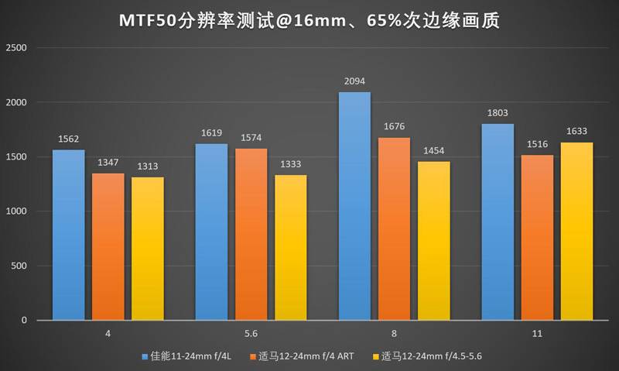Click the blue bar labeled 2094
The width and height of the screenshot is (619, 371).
coord(354,206)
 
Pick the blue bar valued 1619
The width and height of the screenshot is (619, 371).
coord(211,232)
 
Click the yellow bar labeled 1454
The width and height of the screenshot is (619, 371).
coord(433,240)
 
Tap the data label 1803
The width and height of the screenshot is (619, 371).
coord(498,113)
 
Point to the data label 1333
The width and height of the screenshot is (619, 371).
coord(290,164)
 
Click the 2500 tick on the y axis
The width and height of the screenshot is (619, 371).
coord(17,48)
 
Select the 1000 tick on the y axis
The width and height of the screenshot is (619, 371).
coord(17,211)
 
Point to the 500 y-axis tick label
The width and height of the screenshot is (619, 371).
coord(19,266)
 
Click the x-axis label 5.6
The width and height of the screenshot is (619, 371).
coord(251,334)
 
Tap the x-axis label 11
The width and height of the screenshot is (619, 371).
coord(537,334)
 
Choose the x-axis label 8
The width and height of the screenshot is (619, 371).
coord(394,334)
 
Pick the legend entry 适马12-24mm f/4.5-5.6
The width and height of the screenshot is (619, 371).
coord(434,356)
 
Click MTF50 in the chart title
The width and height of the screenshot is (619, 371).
coord(153,19)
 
